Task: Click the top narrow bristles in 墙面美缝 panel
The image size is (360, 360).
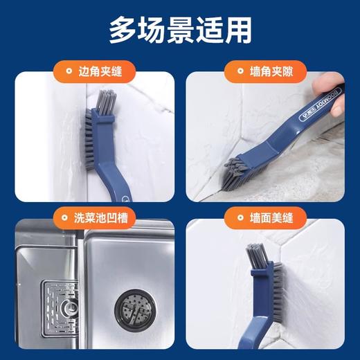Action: point(255,255)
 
